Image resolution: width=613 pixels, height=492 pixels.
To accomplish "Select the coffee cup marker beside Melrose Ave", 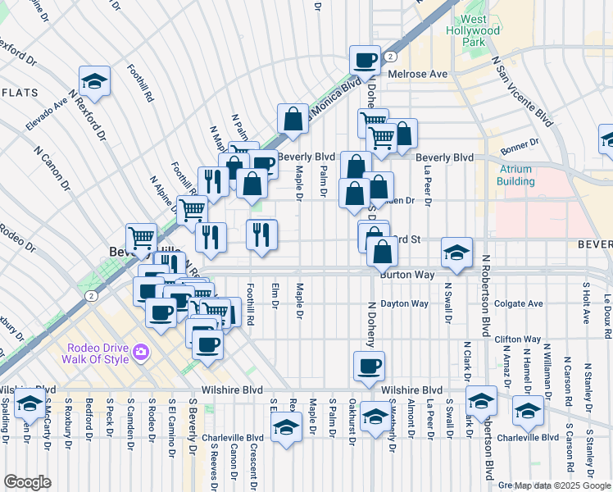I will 365,60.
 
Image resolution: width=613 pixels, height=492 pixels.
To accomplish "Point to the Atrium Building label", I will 515,175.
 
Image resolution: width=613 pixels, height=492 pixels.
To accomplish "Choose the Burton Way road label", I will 406,276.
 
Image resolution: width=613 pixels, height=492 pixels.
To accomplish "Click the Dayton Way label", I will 405,303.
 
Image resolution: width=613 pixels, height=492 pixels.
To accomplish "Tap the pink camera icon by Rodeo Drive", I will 143,352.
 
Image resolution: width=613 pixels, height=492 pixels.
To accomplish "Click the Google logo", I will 27,482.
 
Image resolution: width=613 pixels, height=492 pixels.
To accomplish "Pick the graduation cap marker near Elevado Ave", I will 95,80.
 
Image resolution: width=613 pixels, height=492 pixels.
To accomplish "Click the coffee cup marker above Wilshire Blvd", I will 369,366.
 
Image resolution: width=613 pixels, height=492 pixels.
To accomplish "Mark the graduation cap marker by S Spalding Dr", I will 30,405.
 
